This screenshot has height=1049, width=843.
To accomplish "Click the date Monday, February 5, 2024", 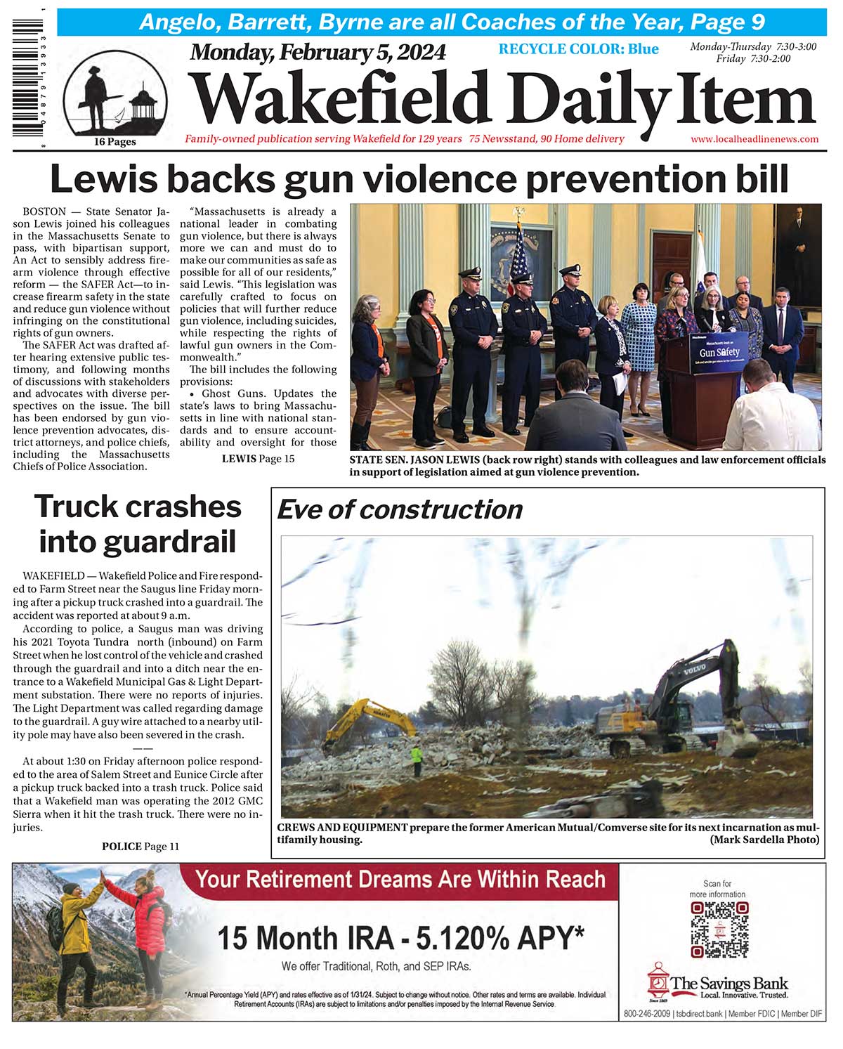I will [318, 52].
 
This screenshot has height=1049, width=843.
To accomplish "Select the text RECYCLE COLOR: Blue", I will [578, 48].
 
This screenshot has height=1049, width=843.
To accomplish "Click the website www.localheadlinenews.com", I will [754, 139].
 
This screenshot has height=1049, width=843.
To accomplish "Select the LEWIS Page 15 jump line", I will [258, 459].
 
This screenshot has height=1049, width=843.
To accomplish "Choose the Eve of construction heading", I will [400, 509].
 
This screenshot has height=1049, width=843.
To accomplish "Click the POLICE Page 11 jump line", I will [140, 847].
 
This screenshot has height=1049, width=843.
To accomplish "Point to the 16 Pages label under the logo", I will [115, 142].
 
